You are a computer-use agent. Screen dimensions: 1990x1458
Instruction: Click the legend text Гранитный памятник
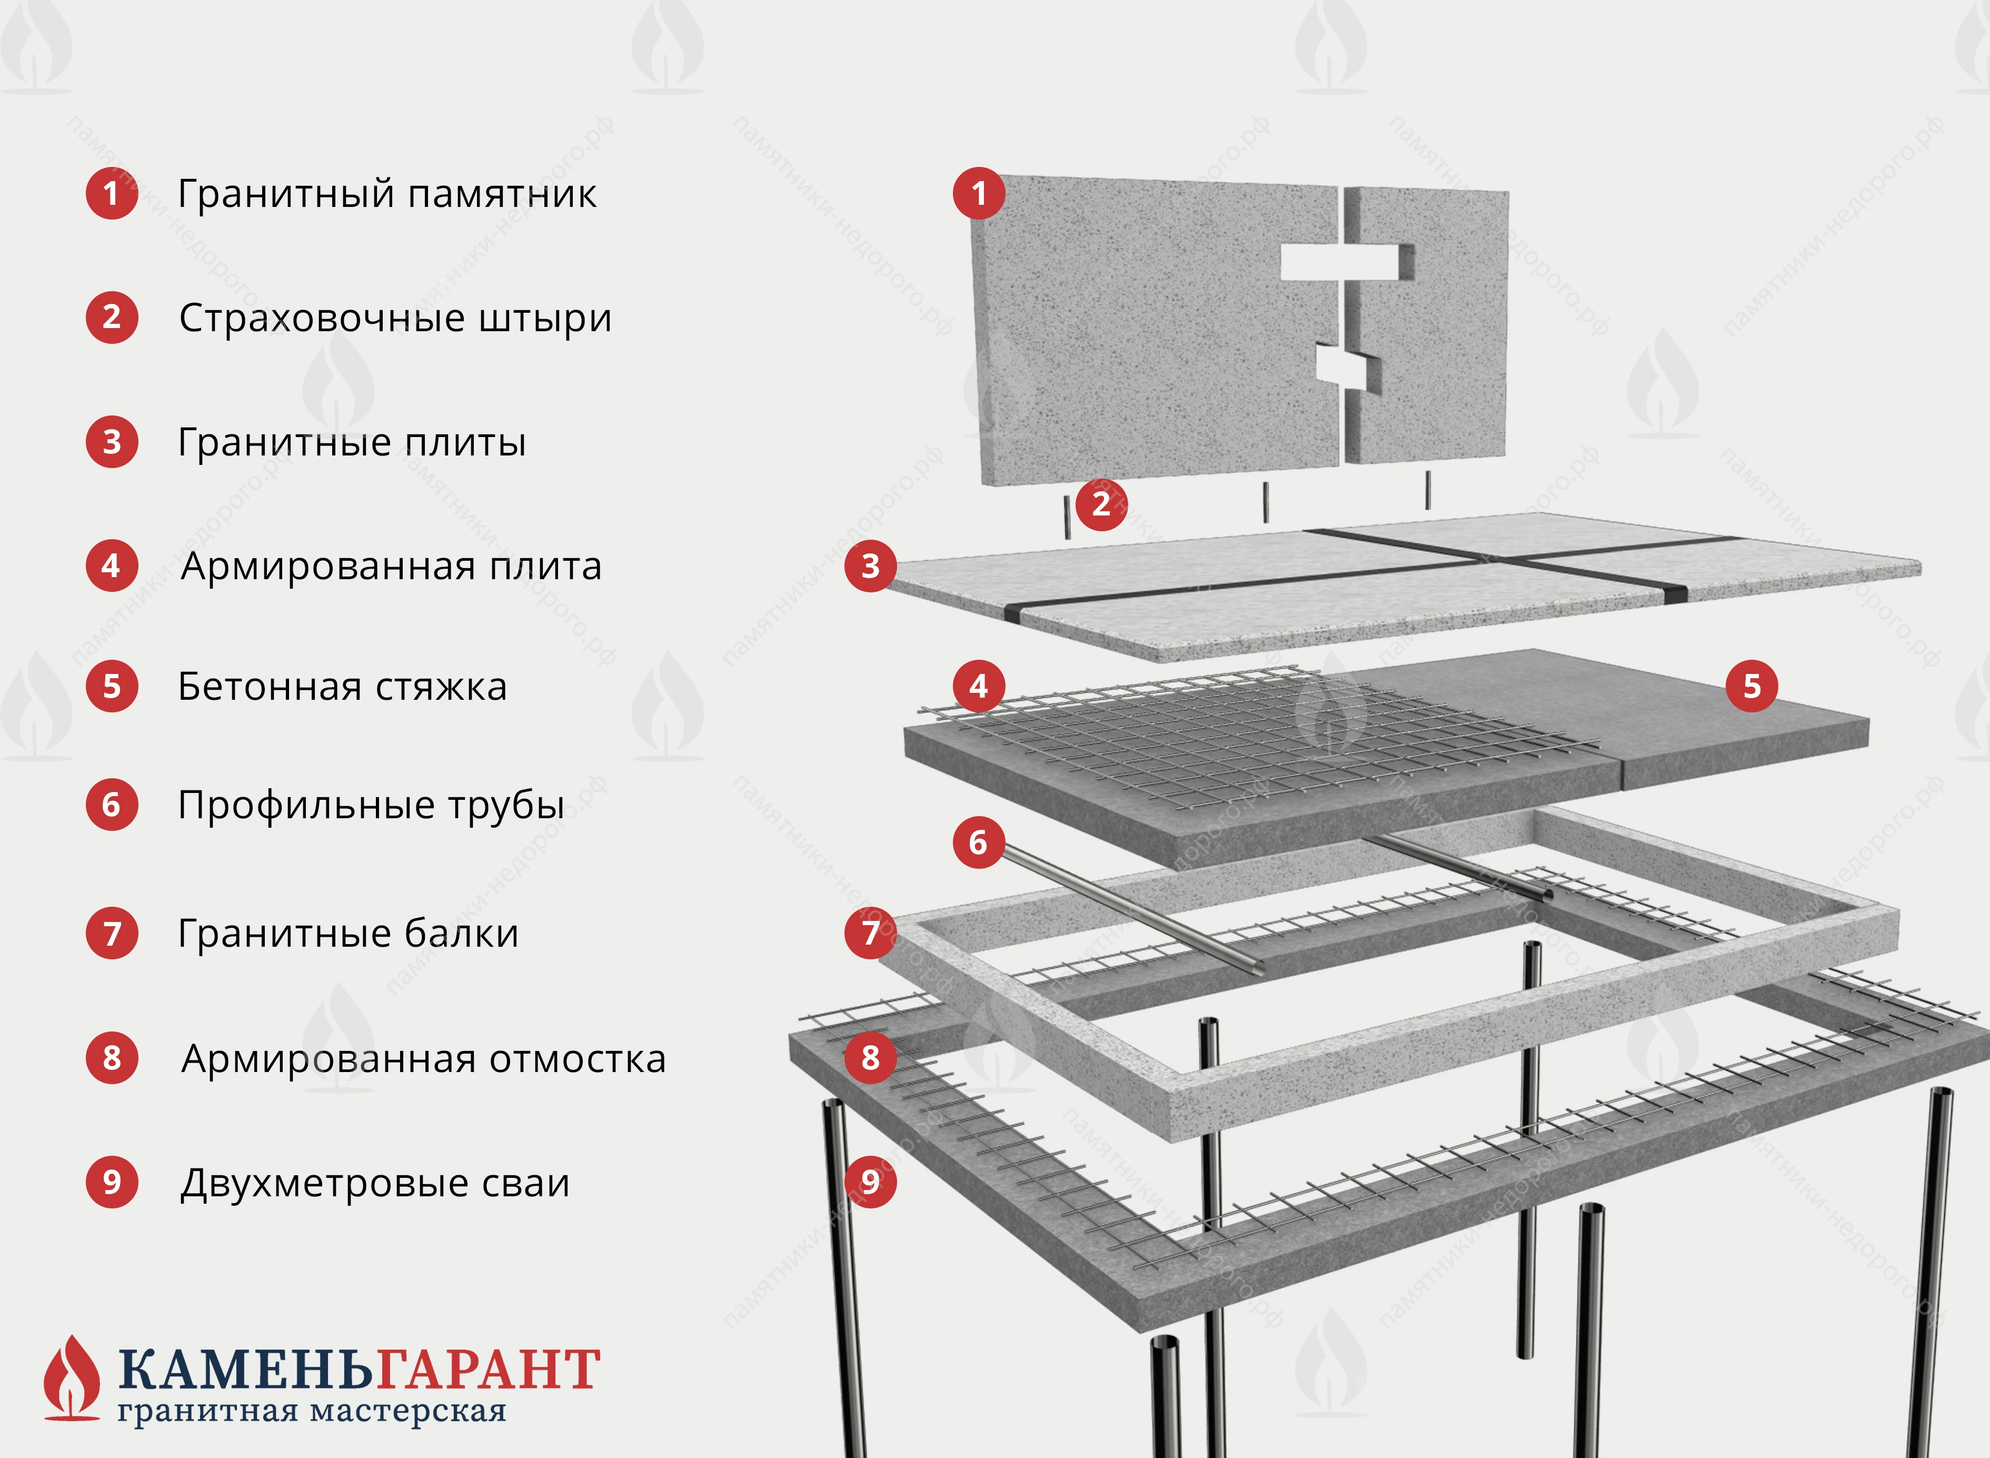tap(386, 194)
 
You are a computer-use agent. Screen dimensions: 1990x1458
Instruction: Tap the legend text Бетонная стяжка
tap(342, 687)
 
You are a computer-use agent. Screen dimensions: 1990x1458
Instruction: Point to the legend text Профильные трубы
tap(371, 805)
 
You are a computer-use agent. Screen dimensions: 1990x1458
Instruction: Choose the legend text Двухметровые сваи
tap(375, 1183)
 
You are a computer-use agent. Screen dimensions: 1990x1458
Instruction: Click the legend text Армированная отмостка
tap(423, 1058)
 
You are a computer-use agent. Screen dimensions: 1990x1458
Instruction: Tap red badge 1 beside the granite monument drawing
tap(979, 193)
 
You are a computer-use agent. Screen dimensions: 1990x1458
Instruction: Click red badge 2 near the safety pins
tap(1101, 504)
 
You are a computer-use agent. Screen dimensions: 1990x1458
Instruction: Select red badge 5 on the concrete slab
tap(1752, 686)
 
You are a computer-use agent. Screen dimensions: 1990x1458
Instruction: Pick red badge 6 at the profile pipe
tap(979, 842)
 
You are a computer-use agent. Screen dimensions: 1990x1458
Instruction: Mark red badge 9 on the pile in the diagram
tap(871, 1181)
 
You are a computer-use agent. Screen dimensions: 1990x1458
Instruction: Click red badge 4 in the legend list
tap(111, 566)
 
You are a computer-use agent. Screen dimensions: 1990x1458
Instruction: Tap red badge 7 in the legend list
tap(111, 933)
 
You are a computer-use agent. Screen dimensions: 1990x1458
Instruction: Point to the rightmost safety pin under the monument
tap(1428, 490)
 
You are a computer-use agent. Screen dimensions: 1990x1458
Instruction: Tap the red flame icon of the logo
tap(72, 1377)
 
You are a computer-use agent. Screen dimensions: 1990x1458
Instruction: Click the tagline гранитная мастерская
tap(312, 1411)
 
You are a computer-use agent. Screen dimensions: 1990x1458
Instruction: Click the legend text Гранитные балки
tap(349, 933)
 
